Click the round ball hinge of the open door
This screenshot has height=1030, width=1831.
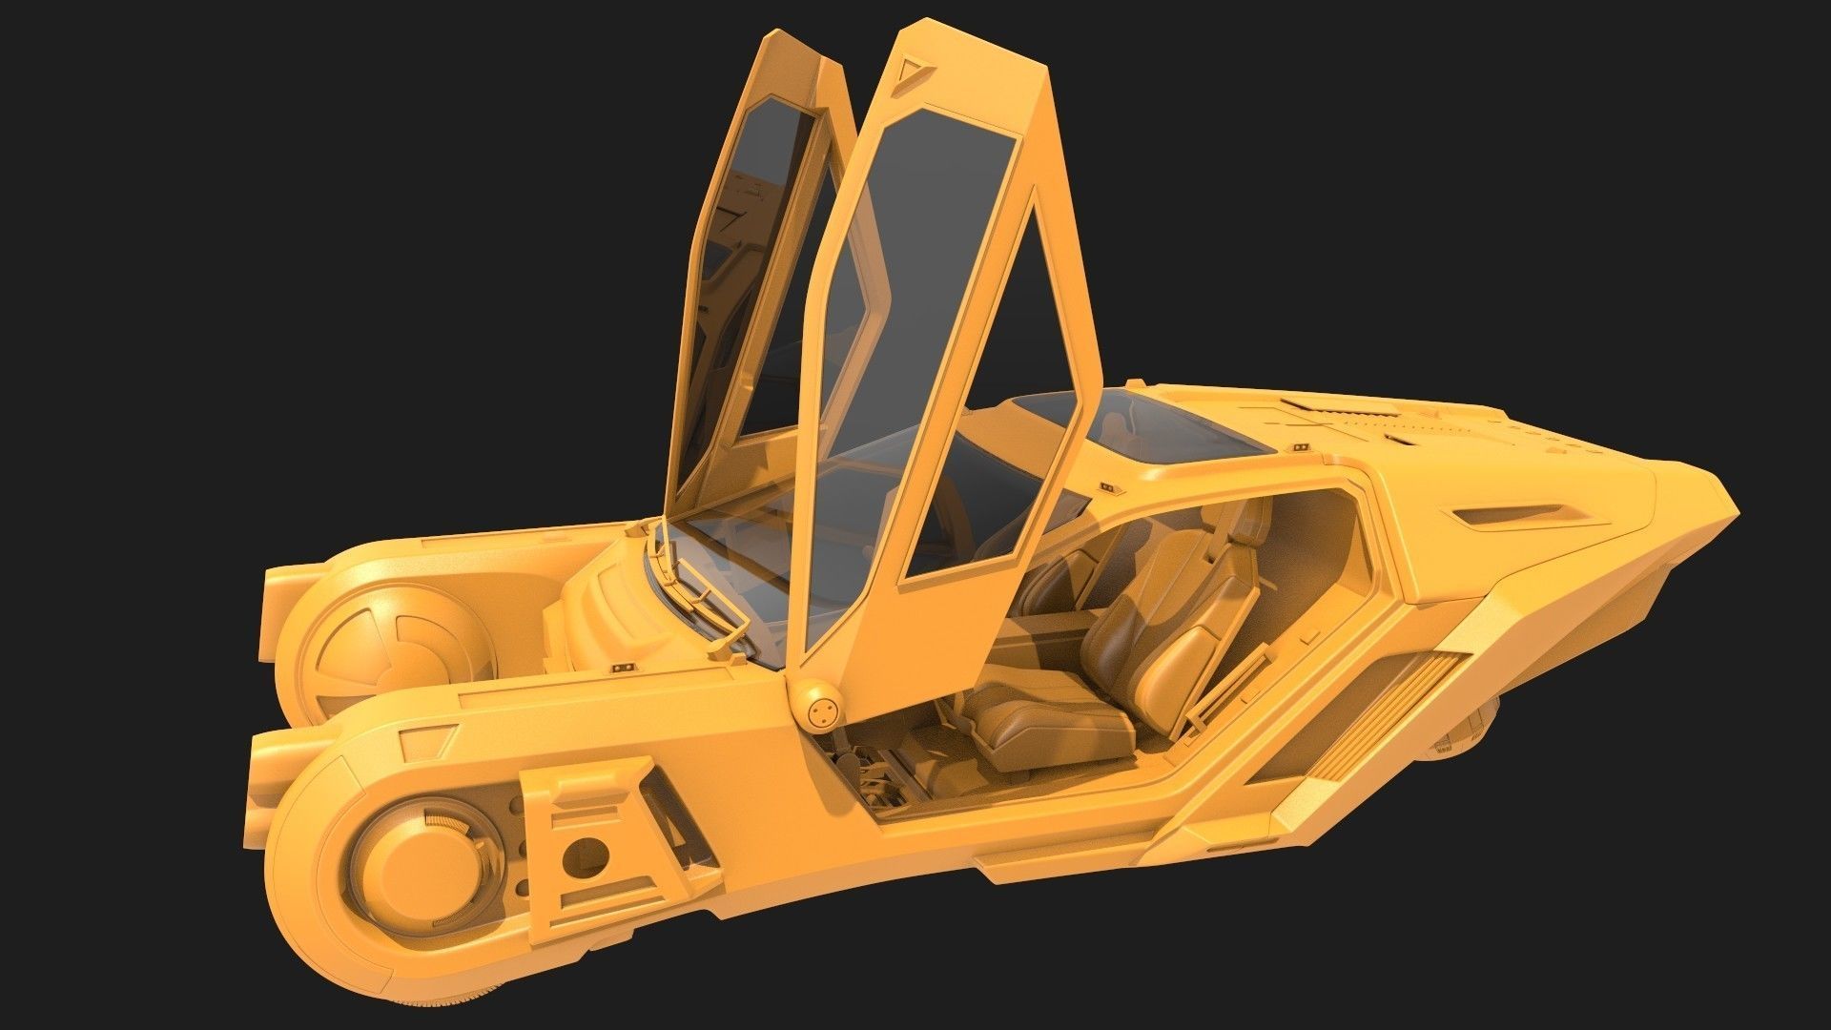coord(822,709)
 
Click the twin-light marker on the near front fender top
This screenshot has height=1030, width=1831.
coord(624,665)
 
